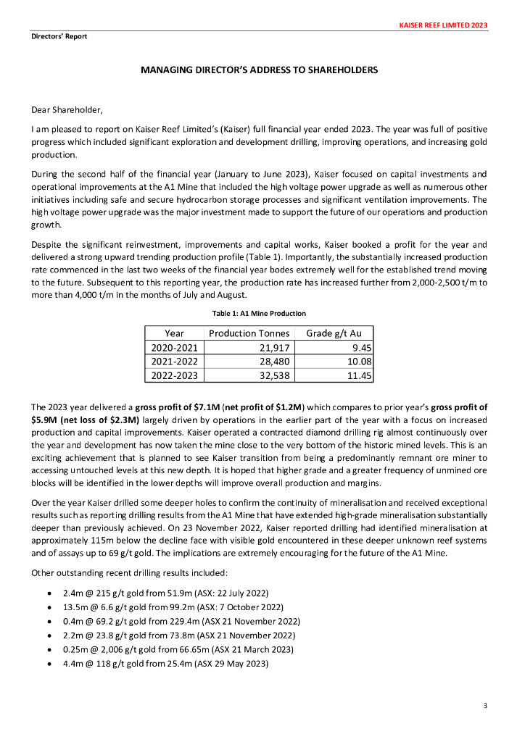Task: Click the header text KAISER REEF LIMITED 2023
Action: [x=443, y=25]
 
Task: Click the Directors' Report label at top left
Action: [x=59, y=36]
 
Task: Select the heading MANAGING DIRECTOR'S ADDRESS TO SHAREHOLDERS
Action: [x=259, y=70]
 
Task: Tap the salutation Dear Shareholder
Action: [x=67, y=110]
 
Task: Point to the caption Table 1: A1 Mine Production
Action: [x=259, y=313]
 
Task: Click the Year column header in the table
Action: [x=174, y=333]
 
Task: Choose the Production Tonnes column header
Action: [x=249, y=333]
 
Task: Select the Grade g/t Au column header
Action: [x=339, y=333]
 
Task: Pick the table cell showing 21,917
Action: [x=274, y=347]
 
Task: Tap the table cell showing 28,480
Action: [x=274, y=361]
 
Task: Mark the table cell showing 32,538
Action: [x=274, y=375]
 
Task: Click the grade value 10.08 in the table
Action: [x=359, y=361]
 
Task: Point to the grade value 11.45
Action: [x=359, y=375]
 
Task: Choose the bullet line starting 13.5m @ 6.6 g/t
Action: [x=173, y=606]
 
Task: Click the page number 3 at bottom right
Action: [x=484, y=706]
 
